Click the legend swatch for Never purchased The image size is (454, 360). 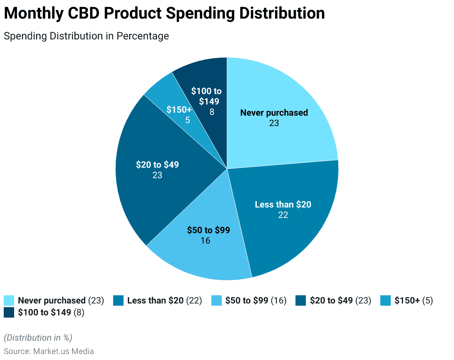pos(9,300)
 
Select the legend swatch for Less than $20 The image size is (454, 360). pos(118,300)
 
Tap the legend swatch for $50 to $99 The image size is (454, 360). pos(216,300)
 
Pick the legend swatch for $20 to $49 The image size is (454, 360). pos(301,300)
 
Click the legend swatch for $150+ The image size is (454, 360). pos(386,300)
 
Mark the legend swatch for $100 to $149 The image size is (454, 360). pos(9,312)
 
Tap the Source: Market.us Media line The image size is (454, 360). pos(49,351)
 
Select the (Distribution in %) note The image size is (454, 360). pos(38,338)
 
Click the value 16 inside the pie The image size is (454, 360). pos(205,241)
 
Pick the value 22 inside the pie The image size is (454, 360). pos(283,215)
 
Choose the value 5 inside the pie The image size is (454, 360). pos(188,120)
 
